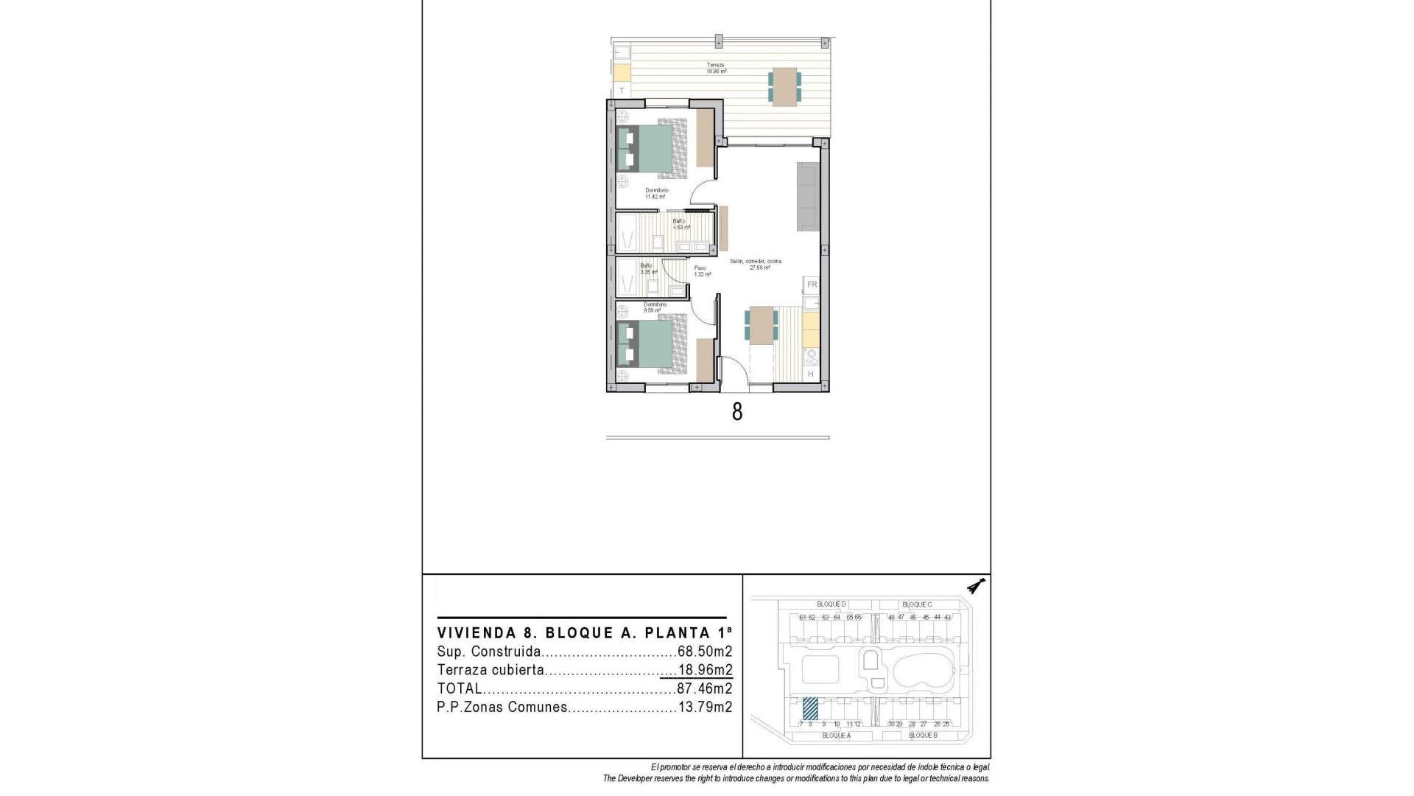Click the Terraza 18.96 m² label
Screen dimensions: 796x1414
point(717,69)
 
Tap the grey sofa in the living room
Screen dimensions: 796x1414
point(807,195)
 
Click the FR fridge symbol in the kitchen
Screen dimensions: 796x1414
point(812,284)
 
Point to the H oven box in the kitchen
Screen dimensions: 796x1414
point(811,374)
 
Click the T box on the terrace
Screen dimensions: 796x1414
point(622,91)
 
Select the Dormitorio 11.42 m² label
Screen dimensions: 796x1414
point(655,194)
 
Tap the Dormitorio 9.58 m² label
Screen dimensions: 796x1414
point(654,307)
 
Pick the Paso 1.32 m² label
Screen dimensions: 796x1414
point(702,271)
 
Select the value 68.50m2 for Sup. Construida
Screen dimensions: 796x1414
point(704,652)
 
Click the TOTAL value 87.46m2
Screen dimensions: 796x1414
point(704,689)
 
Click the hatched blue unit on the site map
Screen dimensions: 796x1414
point(810,708)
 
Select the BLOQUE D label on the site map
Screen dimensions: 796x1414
point(831,604)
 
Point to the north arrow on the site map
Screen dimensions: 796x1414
point(977,587)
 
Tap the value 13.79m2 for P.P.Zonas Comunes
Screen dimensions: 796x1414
point(704,708)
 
